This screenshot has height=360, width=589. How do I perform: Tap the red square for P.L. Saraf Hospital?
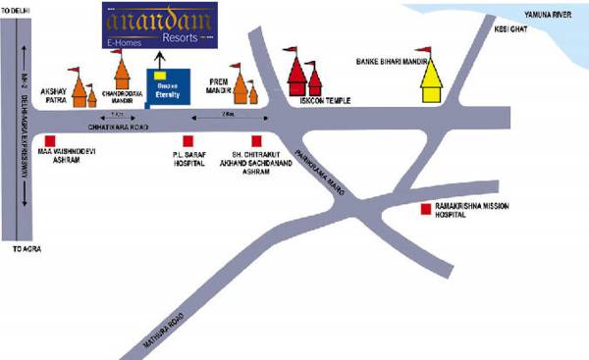(187, 141)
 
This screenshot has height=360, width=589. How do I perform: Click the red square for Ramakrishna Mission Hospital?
(425, 209)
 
